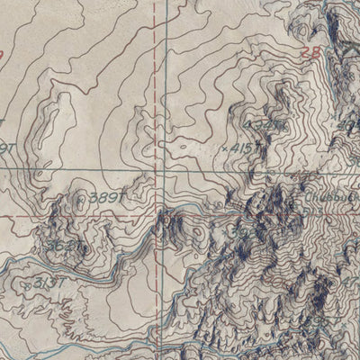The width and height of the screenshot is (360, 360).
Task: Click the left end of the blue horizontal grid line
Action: point(2,168)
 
